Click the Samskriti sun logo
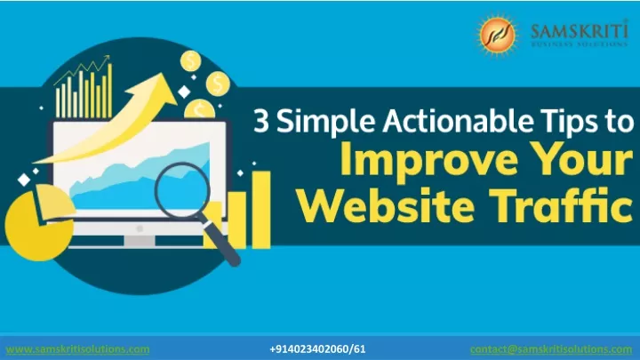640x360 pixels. click(497, 35)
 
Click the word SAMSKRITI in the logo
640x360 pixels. click(580, 30)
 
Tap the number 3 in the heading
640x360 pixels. click(261, 121)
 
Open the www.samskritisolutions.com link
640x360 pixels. click(77, 349)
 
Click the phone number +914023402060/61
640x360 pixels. click(317, 349)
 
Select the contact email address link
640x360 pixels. click(551, 349)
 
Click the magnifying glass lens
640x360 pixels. click(182, 190)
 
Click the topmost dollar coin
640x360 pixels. click(190, 60)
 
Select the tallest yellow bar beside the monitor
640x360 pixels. click(261, 210)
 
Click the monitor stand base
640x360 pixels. click(140, 243)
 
